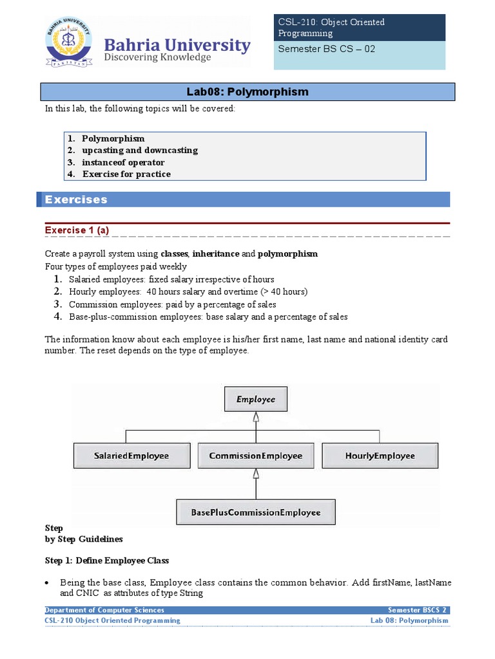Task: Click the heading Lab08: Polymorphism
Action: point(248,92)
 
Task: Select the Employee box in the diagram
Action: point(255,400)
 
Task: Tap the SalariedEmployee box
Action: point(131,456)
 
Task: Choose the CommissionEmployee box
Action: point(255,456)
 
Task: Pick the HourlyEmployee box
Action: point(380,456)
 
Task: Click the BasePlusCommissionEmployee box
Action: point(255,512)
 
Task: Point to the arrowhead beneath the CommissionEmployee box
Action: point(256,474)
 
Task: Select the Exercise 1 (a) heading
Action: point(80,230)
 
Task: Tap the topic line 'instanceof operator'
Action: point(123,162)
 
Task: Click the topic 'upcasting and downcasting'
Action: point(140,150)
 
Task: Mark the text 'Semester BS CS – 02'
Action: point(326,49)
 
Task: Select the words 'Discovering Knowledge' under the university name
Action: point(158,58)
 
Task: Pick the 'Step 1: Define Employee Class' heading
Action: point(107,561)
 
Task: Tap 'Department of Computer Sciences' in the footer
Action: point(104,610)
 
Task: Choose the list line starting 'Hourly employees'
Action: point(188,292)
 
